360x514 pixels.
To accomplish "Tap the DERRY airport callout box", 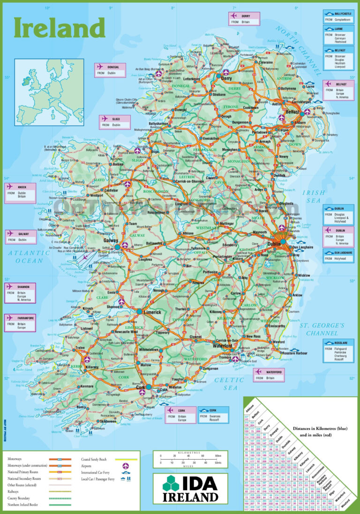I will (245, 19).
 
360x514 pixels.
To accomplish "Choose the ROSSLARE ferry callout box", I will (338, 351).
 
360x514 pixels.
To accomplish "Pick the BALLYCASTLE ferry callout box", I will (338, 16).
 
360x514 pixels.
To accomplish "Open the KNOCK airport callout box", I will (20, 193).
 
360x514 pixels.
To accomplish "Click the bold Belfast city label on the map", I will (292, 112).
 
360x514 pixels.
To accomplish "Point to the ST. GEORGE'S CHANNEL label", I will (322, 329).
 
